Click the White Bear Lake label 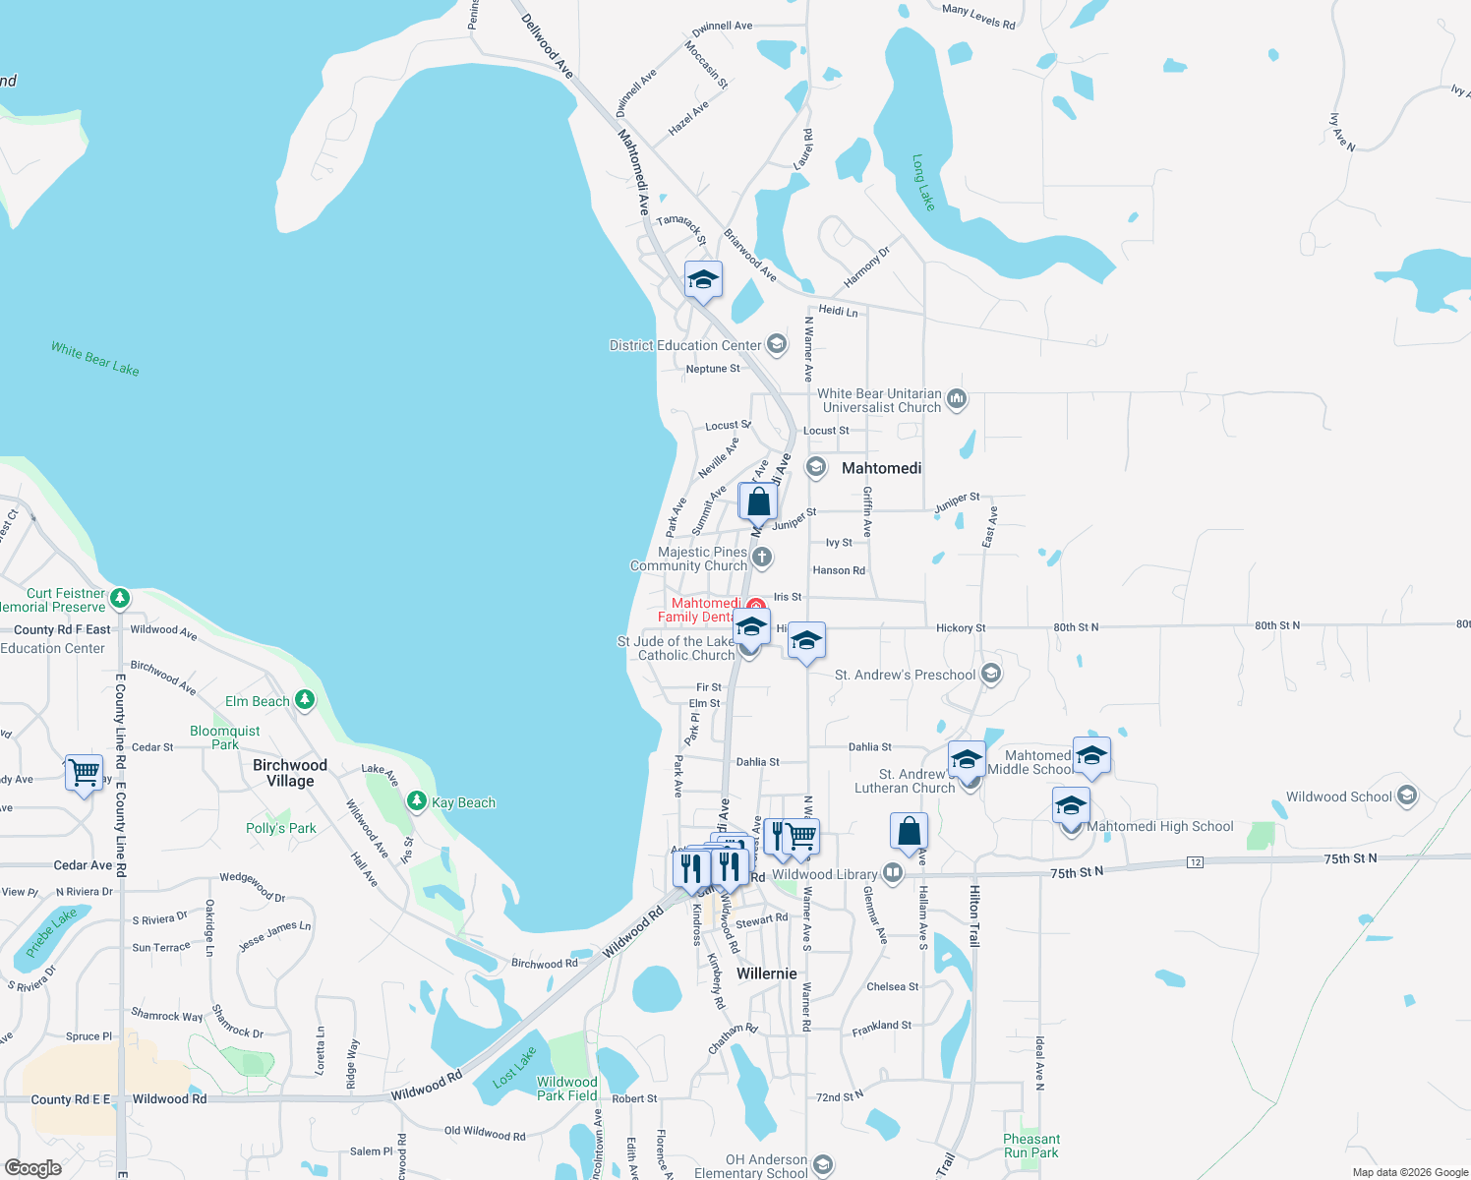point(95,359)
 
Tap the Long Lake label point(923,182)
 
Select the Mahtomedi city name point(881,468)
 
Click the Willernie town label point(767,973)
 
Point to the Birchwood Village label point(290,773)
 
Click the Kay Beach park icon point(417,802)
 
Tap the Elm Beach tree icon point(305,700)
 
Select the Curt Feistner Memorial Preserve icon point(120,598)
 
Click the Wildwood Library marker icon point(892,873)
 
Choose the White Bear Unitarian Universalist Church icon point(957,400)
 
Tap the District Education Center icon point(777,344)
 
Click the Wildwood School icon point(1407,796)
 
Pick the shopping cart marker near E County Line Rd point(84,772)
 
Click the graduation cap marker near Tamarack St point(703,280)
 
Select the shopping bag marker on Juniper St point(758,501)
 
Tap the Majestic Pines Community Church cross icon point(762,559)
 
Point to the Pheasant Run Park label point(1030,1146)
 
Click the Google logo point(32,1168)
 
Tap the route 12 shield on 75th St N point(1195,862)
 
